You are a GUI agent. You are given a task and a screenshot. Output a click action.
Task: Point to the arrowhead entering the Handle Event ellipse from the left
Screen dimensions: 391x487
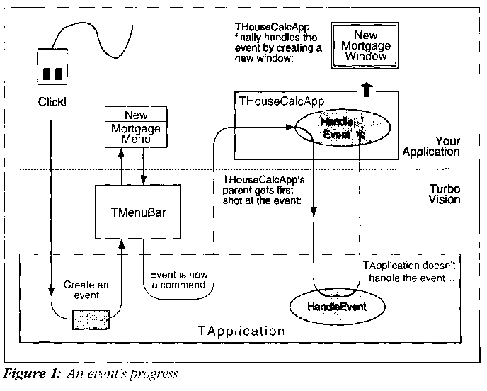point(290,126)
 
